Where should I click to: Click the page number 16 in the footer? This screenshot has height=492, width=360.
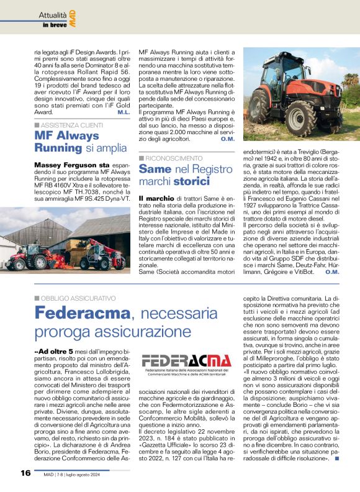click(x=25, y=473)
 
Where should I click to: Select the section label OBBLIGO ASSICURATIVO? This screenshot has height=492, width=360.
click(x=78, y=298)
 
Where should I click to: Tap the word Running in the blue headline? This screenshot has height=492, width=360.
click(x=58, y=148)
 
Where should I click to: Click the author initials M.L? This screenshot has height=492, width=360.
click(x=123, y=112)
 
